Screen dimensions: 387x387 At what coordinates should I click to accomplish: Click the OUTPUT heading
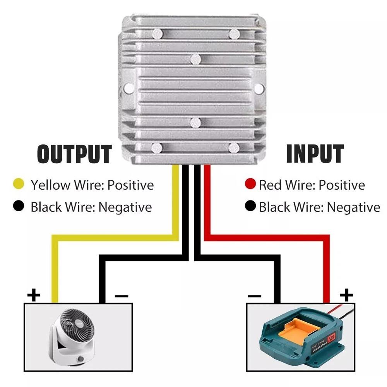click(74, 154)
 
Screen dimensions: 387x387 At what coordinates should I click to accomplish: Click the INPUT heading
click(315, 154)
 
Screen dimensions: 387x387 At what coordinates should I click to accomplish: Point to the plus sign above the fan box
click(34, 296)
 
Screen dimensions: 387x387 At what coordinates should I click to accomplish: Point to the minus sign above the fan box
click(122, 296)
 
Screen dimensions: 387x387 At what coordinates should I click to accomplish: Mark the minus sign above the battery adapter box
click(254, 296)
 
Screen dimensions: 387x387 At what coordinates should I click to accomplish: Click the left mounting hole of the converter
click(129, 88)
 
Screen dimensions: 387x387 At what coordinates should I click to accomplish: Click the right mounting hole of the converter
click(258, 88)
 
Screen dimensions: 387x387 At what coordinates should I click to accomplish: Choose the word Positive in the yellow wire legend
click(130, 185)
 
